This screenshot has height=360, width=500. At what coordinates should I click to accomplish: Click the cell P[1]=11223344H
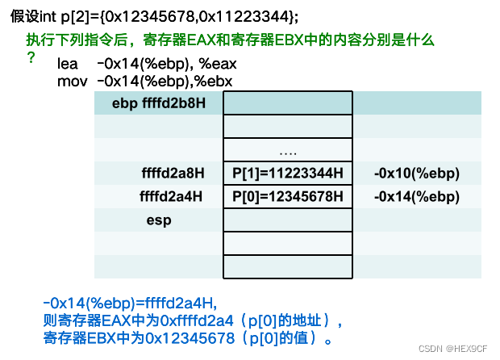(x=287, y=173)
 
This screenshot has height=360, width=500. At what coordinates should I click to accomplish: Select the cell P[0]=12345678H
(x=287, y=196)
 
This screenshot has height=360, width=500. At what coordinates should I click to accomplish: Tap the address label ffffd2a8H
(x=172, y=173)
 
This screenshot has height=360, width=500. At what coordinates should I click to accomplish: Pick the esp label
(x=159, y=220)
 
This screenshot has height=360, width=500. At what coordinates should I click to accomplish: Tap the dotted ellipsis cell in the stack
(x=287, y=150)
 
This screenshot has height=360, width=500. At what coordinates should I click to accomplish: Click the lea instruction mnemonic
(x=68, y=64)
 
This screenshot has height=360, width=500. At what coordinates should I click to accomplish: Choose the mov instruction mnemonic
(x=71, y=80)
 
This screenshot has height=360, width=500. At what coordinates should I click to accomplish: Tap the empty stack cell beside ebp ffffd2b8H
(x=287, y=103)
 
